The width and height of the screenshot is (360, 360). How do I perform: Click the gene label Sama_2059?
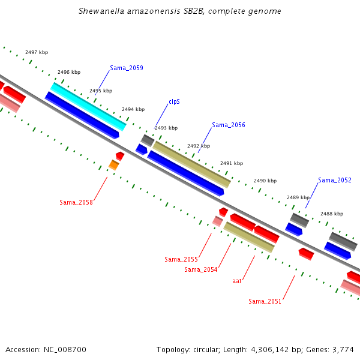pos(127,68)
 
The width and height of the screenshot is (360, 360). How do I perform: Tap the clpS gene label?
pos(174,102)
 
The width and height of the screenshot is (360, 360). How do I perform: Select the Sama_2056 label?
pos(229,125)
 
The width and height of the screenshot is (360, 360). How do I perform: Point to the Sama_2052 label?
pos(335,180)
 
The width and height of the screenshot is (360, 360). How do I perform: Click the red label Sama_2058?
pos(76,202)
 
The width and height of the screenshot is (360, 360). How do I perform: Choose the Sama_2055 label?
pos(181,259)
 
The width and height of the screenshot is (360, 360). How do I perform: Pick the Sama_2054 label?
pos(201,269)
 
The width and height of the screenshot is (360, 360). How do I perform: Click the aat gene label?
pos(237,281)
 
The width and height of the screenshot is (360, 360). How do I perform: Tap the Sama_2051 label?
pos(265,301)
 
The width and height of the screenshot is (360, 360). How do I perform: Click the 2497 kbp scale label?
pos(37,52)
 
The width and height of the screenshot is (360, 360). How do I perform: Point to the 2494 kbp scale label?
pos(133,109)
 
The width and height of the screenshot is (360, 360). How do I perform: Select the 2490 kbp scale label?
pos(265,181)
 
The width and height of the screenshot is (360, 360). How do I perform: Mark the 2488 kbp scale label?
pos(332,214)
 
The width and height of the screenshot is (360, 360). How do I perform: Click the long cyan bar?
pos(88,107)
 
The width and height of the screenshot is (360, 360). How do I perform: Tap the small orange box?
pos(114,165)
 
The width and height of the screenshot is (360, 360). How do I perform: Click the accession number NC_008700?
pos(65,350)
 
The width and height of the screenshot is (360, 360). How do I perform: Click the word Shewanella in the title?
pos(101,11)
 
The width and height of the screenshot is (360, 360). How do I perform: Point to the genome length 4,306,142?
pos(270,350)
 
